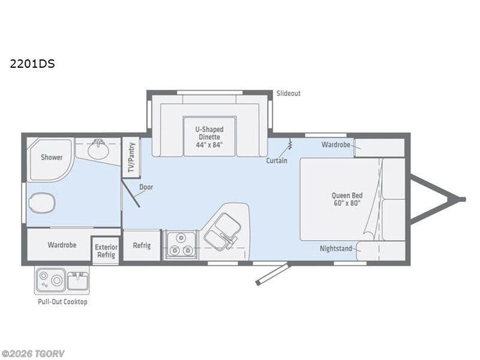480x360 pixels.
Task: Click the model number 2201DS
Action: (x=32, y=63)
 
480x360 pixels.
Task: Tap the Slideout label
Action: (x=288, y=94)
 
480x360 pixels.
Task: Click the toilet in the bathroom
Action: (x=41, y=203)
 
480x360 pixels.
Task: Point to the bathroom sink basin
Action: (x=98, y=149)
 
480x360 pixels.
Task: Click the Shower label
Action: (x=52, y=157)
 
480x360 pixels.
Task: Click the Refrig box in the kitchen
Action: (x=142, y=246)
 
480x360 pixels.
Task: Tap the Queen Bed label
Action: (x=347, y=199)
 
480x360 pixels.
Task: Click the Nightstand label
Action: (x=335, y=248)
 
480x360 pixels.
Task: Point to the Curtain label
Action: (x=277, y=161)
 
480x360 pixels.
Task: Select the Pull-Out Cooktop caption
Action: (x=62, y=302)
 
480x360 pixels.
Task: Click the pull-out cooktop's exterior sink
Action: (x=78, y=280)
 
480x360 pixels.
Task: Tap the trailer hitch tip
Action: (x=462, y=199)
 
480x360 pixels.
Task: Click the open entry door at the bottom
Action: (x=272, y=274)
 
